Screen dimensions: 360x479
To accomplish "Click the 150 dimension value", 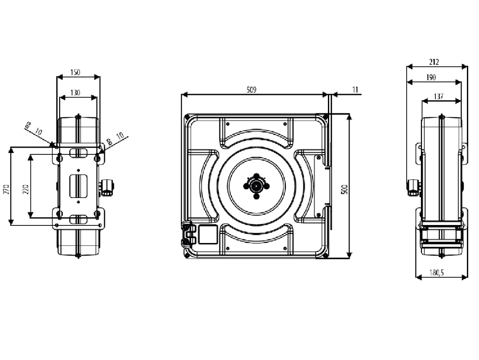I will pos(75,72).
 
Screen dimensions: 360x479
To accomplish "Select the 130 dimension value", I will pos(76,93).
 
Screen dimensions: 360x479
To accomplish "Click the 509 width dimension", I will pos(251,90).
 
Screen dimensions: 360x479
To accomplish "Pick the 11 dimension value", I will pos(355,90).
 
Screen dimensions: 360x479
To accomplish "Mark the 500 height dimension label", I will pos(345,189).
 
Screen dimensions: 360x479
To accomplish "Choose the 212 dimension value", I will pos(434,62).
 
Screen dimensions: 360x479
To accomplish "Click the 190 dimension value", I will pos(431,77).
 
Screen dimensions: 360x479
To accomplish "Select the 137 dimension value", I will pos(439,96).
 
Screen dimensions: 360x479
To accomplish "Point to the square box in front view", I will pos(208,234).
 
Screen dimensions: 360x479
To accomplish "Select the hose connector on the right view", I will pos(412,186).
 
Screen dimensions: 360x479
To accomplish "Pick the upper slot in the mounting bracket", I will pos(78,153).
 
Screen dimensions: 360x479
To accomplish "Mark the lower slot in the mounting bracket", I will pos(78,220).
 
